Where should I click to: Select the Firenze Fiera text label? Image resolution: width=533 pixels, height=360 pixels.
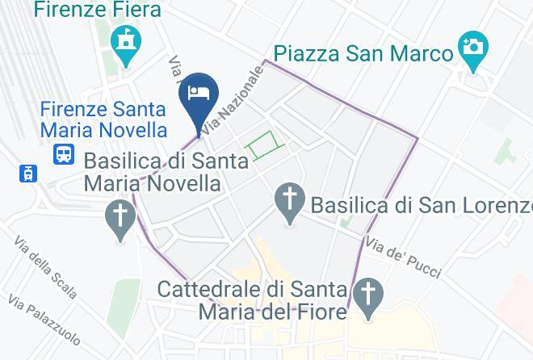click(x=97, y=10)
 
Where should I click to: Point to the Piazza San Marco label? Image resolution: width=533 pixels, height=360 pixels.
click(x=363, y=54)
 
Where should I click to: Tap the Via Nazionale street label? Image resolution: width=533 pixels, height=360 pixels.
click(x=234, y=100)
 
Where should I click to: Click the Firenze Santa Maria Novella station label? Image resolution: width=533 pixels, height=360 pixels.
click(x=104, y=119)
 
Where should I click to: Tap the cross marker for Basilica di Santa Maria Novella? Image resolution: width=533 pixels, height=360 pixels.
click(x=121, y=218)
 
